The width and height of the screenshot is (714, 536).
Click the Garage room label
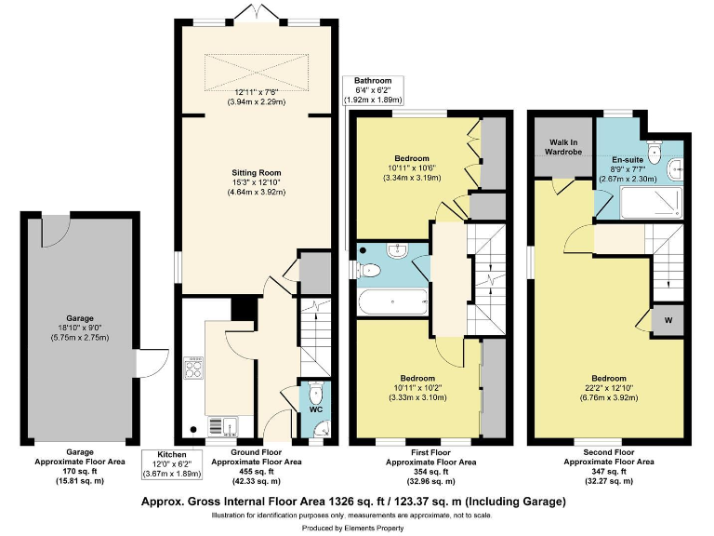coord(79,317)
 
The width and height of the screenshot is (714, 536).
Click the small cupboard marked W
coord(668,320)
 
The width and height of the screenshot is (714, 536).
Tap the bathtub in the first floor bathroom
coord(391,301)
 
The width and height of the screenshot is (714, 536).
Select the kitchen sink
coord(222,425)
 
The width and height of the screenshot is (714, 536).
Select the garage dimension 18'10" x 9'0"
coord(79,333)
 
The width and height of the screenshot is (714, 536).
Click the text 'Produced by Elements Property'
coord(357,528)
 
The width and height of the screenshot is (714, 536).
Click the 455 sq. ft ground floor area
coord(253,471)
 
